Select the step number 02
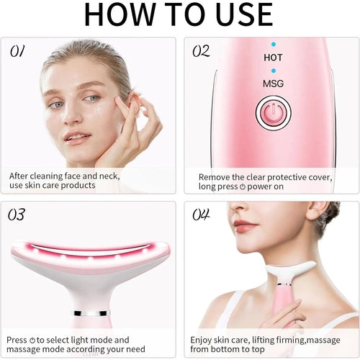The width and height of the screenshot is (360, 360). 201,51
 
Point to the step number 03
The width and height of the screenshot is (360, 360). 17,215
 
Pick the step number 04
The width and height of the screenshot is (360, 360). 201,215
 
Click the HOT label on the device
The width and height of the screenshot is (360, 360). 273,58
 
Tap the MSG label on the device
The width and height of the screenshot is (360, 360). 273,84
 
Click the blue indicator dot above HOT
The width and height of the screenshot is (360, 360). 273,44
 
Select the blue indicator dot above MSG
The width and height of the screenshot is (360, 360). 273,71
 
